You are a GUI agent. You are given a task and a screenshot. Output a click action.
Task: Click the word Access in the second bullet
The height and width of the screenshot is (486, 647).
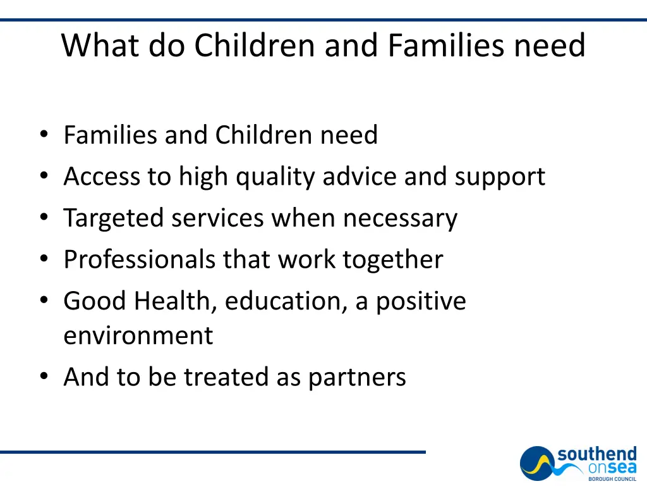tap(102, 177)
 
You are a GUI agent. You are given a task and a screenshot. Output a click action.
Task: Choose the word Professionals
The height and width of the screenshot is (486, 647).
tap(140, 259)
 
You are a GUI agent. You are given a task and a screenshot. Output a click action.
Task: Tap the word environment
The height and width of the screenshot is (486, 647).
tap(138, 335)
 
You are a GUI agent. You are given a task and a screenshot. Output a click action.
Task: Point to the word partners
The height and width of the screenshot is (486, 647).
tap(357, 378)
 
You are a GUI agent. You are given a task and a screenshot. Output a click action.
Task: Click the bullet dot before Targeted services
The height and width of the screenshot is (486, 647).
tap(44, 218)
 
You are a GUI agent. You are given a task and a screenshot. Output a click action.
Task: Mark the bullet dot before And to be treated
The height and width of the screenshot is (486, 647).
tap(44, 377)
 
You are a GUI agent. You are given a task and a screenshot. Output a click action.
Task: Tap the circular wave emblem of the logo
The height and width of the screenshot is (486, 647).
tap(538, 463)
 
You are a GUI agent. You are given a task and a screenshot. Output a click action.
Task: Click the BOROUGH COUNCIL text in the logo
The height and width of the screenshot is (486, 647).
tap(612, 479)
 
